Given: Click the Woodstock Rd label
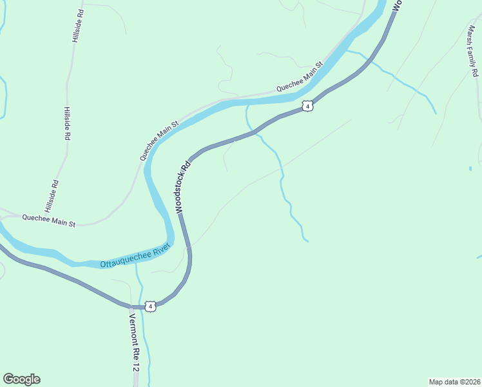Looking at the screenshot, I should (182, 187).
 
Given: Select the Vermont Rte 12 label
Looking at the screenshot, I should (133, 342).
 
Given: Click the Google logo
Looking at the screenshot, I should (21, 379).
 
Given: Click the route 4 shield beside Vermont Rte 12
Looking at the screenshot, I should (150, 306).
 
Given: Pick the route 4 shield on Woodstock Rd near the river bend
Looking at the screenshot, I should (308, 106).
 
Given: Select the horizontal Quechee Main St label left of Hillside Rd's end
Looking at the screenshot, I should (49, 221).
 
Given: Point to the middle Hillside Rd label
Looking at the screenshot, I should (66, 124).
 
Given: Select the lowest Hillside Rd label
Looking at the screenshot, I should (52, 196).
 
